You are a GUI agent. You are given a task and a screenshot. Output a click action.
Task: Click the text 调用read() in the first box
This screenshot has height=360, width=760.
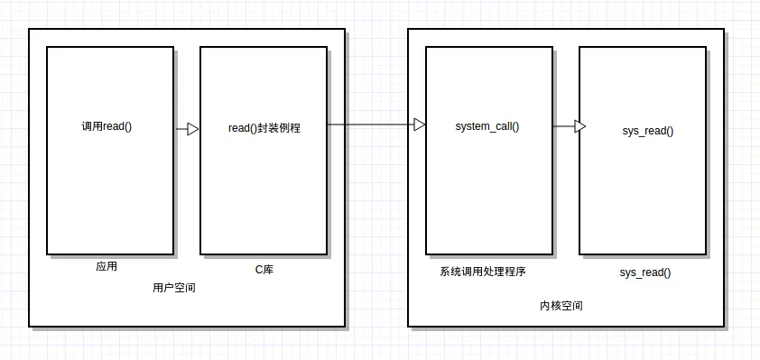107,126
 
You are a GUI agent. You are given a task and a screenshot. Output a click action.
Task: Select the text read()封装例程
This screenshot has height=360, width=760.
264,129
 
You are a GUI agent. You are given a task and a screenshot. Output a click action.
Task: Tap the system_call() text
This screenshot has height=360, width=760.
487,126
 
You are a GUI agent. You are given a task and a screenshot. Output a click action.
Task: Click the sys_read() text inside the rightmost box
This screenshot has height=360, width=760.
647,131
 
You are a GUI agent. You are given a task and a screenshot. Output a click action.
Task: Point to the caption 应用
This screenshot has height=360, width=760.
107,267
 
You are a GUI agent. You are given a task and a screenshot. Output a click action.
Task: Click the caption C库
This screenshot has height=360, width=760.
264,270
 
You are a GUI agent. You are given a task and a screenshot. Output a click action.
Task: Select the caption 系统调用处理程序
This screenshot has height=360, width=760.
483,272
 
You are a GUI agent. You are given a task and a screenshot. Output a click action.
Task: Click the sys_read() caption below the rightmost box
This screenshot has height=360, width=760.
644,272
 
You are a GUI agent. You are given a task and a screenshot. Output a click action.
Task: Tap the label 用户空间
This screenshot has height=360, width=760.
173,288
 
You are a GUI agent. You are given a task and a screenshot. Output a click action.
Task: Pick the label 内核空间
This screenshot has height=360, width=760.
561,306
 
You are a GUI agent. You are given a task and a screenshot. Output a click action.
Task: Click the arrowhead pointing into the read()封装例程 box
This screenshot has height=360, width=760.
193,129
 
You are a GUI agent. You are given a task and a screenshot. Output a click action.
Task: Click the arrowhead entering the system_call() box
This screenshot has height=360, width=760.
420,125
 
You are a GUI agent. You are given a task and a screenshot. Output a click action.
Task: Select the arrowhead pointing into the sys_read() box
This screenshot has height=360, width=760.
580,126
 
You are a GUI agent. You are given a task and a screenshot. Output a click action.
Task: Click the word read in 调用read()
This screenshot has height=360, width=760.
114,126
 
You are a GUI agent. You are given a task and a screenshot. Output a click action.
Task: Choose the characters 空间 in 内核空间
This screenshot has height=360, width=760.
571,306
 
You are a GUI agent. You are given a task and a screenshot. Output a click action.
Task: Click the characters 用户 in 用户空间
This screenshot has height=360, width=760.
162,288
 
